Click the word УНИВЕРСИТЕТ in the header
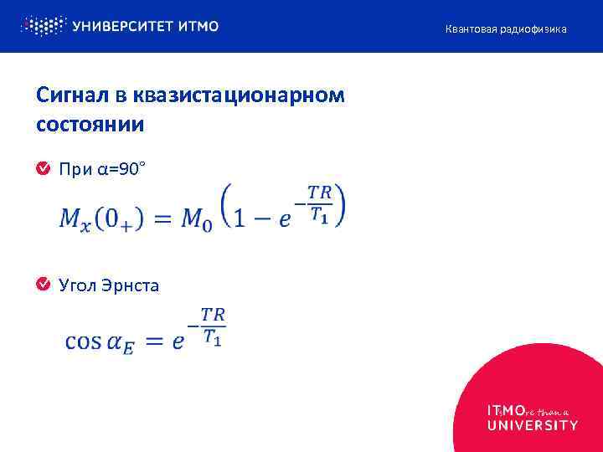123,26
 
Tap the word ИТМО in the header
198,26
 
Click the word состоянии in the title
90,125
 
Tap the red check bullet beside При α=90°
43,170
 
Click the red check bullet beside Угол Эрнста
43,285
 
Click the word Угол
77,285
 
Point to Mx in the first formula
75,220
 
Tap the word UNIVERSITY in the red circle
532,425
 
